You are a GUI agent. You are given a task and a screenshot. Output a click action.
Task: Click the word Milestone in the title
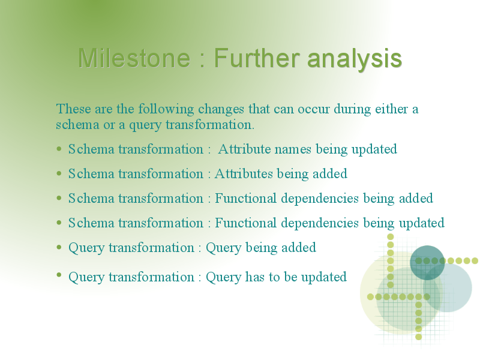click(134, 58)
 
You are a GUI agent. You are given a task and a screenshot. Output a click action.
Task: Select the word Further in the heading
click(257, 58)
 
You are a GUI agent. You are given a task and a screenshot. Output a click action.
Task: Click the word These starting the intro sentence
click(73, 109)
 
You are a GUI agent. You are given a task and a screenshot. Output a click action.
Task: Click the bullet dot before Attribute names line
click(59, 149)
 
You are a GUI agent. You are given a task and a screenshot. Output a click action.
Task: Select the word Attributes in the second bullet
click(244, 173)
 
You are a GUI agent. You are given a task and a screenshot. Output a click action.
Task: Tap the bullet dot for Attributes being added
click(59, 173)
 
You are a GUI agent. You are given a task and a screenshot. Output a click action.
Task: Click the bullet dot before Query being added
click(59, 247)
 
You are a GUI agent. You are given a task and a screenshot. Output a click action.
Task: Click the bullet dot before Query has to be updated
click(59, 275)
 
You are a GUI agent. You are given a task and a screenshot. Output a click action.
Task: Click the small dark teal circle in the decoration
click(427, 263)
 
